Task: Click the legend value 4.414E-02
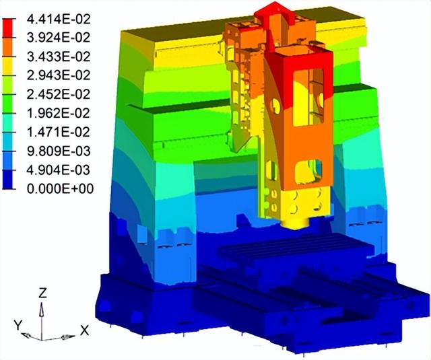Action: coord(59,19)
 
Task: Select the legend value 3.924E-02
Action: coord(59,38)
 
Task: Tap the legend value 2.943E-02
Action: coord(59,75)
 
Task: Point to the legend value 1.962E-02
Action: coord(59,113)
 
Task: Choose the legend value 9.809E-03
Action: coord(59,151)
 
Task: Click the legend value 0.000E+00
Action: coord(60,188)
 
